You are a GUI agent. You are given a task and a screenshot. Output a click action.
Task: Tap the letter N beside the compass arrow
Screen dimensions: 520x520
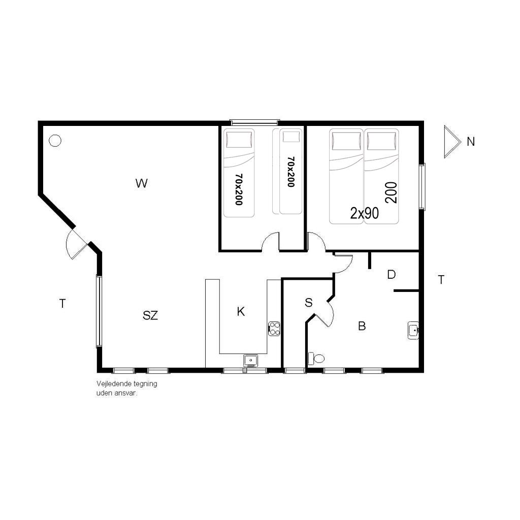[x=471, y=142]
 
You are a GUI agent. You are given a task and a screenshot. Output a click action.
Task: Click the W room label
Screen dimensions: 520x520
[x=142, y=183]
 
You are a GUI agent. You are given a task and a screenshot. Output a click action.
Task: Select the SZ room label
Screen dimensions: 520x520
[x=150, y=315]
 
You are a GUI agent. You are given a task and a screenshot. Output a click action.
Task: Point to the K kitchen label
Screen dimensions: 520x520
[x=241, y=312]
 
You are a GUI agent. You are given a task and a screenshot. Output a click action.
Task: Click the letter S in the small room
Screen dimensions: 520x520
[x=309, y=303]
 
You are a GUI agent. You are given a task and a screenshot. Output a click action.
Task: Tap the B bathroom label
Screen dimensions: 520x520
[x=362, y=327]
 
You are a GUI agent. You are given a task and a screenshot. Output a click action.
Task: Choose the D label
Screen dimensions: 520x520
[x=392, y=275]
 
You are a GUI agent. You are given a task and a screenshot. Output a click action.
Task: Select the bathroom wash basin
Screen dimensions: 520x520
[x=413, y=330]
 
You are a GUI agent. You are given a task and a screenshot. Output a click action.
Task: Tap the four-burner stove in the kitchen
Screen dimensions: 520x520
[x=274, y=329]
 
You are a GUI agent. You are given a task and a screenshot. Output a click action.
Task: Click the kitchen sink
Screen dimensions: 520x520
[x=251, y=360]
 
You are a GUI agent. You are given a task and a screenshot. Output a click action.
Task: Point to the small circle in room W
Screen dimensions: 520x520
[x=55, y=141]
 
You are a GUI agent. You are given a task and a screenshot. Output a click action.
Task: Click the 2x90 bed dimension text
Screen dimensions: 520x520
[x=365, y=214]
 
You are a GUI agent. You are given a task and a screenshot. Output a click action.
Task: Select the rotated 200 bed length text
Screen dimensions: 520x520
[x=392, y=192]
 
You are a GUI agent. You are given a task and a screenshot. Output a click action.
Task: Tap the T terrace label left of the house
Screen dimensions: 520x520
[x=62, y=304]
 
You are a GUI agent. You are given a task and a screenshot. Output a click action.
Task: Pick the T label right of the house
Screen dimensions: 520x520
[x=441, y=280]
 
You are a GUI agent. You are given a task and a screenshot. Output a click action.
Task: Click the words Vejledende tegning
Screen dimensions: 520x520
[x=126, y=384]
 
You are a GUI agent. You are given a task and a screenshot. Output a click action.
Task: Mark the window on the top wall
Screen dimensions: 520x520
[x=255, y=122]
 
